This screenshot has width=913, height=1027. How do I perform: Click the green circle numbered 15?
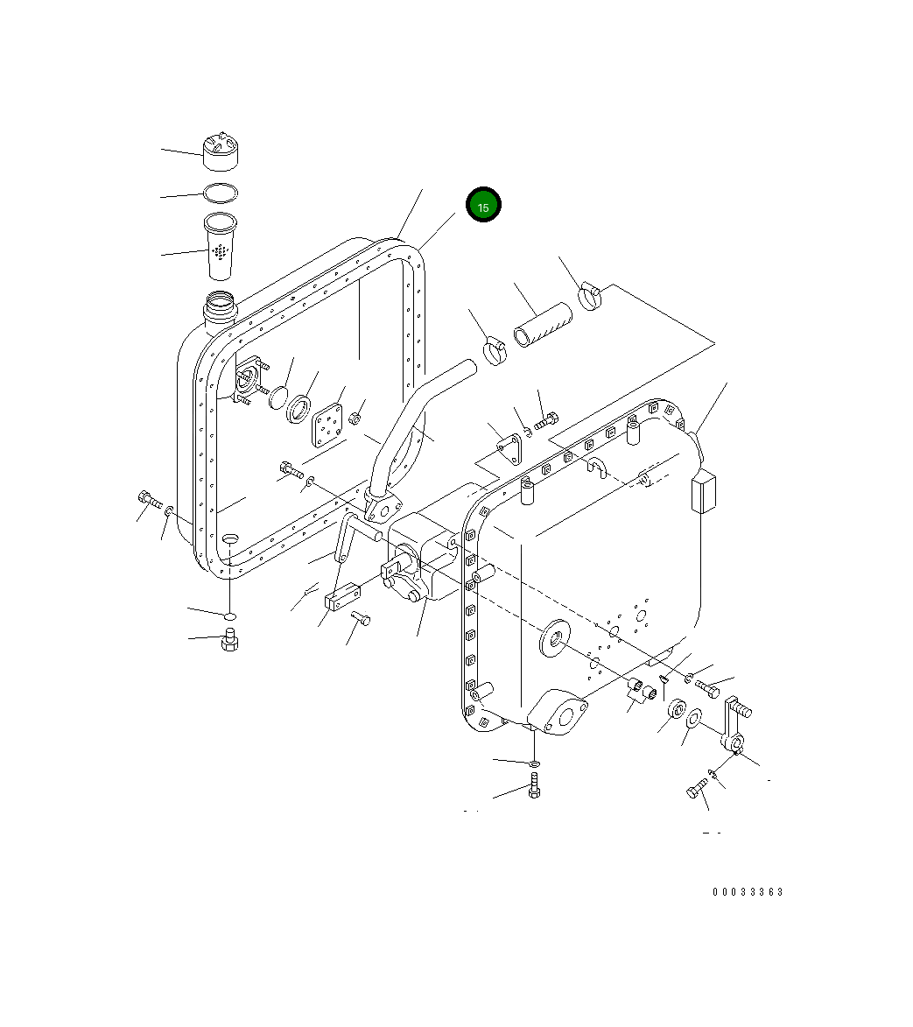tap(483, 205)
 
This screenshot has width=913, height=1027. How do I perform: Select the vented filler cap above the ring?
tap(220, 151)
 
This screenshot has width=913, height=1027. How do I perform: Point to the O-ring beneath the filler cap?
tap(220, 192)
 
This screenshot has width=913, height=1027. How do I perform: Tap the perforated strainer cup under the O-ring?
tap(220, 246)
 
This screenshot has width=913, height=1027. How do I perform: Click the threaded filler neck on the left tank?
tap(220, 307)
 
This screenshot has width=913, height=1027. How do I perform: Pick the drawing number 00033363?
tap(748, 892)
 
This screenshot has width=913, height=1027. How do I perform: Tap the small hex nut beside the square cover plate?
tap(355, 418)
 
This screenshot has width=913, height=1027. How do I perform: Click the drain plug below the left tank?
tap(230, 640)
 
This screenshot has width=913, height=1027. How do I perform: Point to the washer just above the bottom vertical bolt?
tap(534, 763)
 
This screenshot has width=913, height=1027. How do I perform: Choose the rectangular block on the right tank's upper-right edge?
tap(704, 493)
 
